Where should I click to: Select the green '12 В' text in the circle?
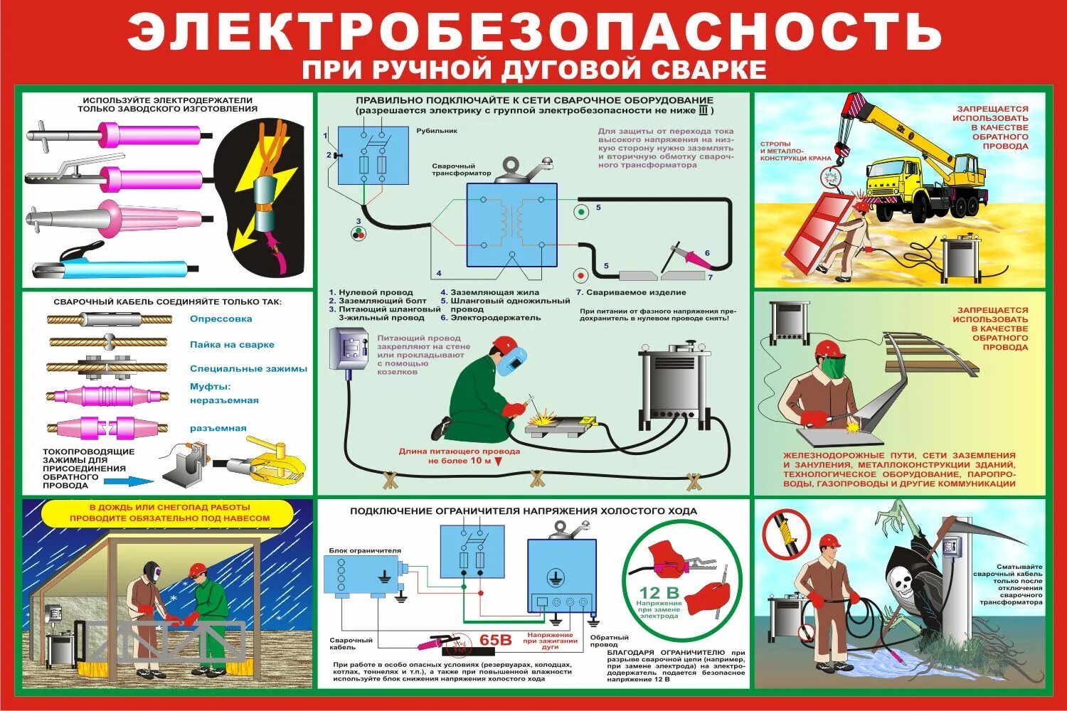[659, 593]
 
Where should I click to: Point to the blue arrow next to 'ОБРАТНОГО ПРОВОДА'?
[129, 481]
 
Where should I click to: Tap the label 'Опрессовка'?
[221, 319]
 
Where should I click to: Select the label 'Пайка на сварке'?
[232, 345]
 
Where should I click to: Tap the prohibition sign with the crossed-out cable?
[786, 533]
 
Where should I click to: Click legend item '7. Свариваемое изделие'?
[630, 292]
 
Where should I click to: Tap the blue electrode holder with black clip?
[114, 269]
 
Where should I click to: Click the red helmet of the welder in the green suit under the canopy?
[198, 570]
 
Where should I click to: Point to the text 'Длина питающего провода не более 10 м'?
[459, 456]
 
